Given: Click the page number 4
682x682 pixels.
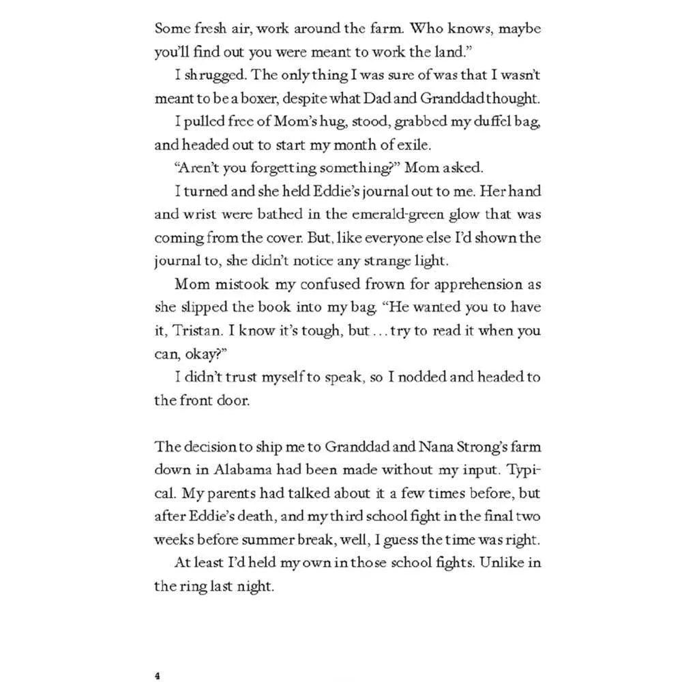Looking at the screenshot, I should [158, 676].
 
